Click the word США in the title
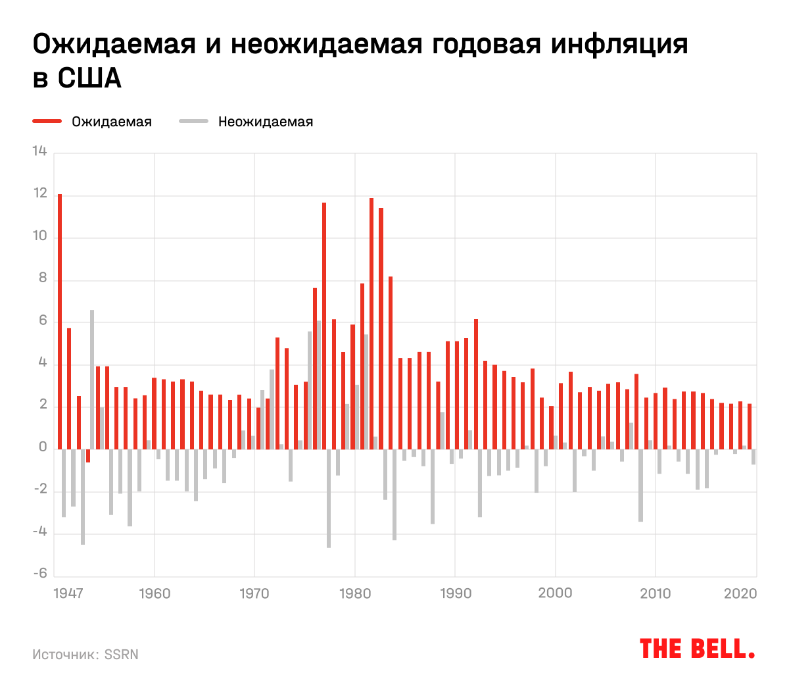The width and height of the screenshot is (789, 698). coord(89,79)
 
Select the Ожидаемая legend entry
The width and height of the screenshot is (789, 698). coord(111,122)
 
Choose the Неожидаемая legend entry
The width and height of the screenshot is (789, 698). coord(265,122)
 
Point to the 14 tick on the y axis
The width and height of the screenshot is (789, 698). coord(40,152)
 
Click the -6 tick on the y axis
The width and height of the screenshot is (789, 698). coord(40,574)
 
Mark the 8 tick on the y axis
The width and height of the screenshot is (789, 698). coord(43,279)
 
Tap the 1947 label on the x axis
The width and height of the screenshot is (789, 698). coord(68,593)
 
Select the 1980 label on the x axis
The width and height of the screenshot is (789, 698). coord(354,593)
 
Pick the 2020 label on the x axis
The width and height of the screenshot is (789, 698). coord(740,593)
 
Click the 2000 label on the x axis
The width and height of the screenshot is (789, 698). coord(555,593)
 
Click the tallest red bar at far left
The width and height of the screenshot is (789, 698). coord(60,322)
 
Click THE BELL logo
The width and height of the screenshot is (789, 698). coord(697,649)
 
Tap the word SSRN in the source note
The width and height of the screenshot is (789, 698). coord(122,655)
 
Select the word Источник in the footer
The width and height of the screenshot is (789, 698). coord(65,655)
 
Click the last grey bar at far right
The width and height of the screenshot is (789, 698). coord(753,457)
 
